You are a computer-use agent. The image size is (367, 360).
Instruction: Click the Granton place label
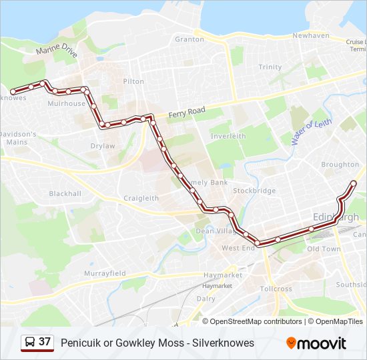pos(189,39)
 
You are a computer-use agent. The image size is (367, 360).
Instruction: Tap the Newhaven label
pos(311,35)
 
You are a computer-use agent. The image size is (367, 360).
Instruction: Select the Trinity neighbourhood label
pos(270,67)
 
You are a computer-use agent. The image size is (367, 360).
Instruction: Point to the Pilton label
pos(133,81)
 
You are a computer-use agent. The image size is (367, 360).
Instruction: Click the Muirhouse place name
pos(67,104)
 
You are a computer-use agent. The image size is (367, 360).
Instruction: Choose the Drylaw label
pos(103,146)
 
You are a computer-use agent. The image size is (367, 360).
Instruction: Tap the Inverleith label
pos(228,136)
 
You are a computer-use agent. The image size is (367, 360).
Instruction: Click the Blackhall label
pos(65,194)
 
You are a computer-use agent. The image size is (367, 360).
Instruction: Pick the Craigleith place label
pos(141,198)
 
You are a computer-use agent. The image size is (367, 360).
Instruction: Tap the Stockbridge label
pos(254,191)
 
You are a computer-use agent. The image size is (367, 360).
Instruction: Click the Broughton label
pos(340,165)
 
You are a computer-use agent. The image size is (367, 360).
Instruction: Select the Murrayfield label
pos(105,274)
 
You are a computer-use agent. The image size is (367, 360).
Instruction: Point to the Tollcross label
pos(276,289)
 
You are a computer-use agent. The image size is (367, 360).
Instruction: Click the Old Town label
pos(324,249)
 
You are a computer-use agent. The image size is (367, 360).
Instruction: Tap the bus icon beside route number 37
pos(29,343)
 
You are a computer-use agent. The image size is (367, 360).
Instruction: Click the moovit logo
pos(316,343)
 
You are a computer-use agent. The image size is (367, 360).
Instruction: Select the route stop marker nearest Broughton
pos(354,183)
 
